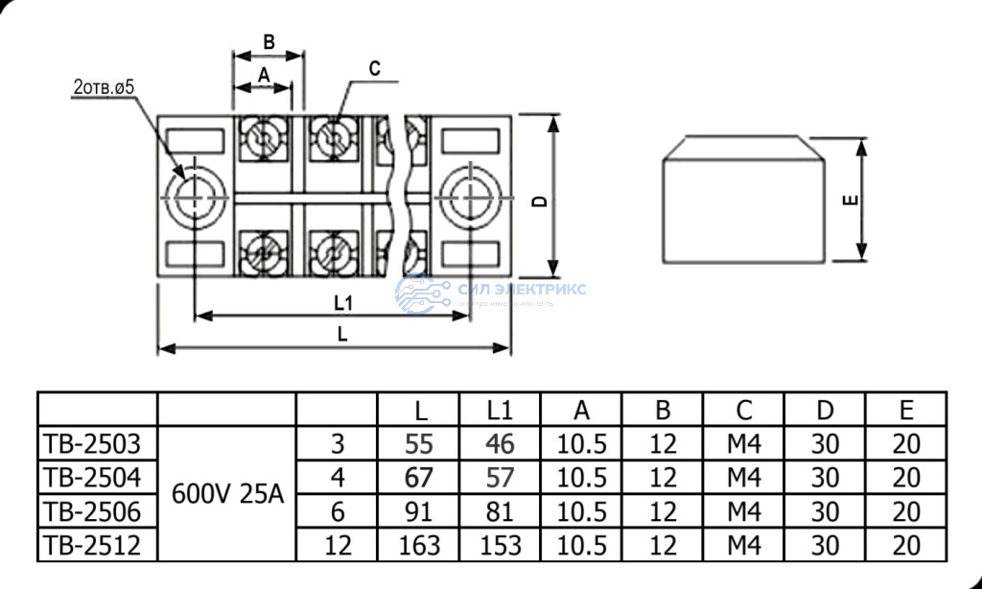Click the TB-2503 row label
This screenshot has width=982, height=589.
tap(93, 443)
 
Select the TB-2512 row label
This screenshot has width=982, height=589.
tap(93, 545)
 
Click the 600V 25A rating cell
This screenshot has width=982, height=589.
tap(227, 494)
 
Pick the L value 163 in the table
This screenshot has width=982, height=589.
tap(419, 545)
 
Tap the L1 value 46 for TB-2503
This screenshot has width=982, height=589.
tap(500, 443)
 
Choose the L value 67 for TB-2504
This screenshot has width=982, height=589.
tap(419, 477)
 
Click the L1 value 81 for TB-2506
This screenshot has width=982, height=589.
tap(500, 510)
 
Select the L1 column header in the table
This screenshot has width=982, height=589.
tap(500, 410)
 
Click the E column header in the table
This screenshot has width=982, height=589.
tap(905, 410)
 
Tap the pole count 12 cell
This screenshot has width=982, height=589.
tap(338, 545)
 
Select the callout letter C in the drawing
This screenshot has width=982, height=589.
tap(374, 69)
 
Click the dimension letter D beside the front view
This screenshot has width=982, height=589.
tap(540, 200)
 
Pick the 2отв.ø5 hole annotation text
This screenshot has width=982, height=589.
tap(104, 87)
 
